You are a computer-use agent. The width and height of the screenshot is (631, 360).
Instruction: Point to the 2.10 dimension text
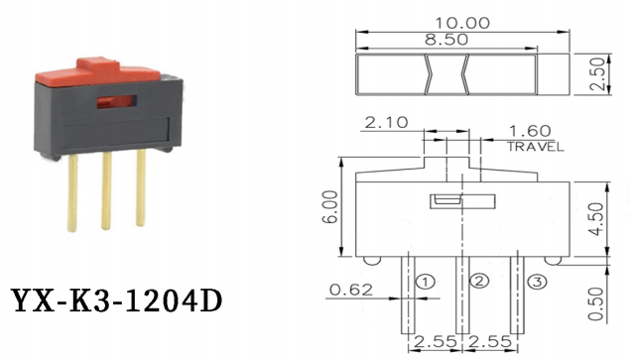[x=385, y=124]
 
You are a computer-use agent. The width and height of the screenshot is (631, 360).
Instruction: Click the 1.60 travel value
[x=530, y=130]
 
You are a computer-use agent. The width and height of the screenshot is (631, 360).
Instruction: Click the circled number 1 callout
[x=425, y=282]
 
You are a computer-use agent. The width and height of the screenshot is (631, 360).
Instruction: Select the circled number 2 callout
[x=479, y=282]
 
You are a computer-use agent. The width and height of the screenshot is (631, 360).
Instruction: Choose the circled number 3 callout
[x=535, y=284]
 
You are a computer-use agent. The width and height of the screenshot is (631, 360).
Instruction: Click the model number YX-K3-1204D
[x=116, y=300]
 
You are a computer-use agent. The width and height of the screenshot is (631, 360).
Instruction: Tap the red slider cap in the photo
[x=96, y=72]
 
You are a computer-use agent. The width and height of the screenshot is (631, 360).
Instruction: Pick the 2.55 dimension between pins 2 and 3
[x=487, y=343]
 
